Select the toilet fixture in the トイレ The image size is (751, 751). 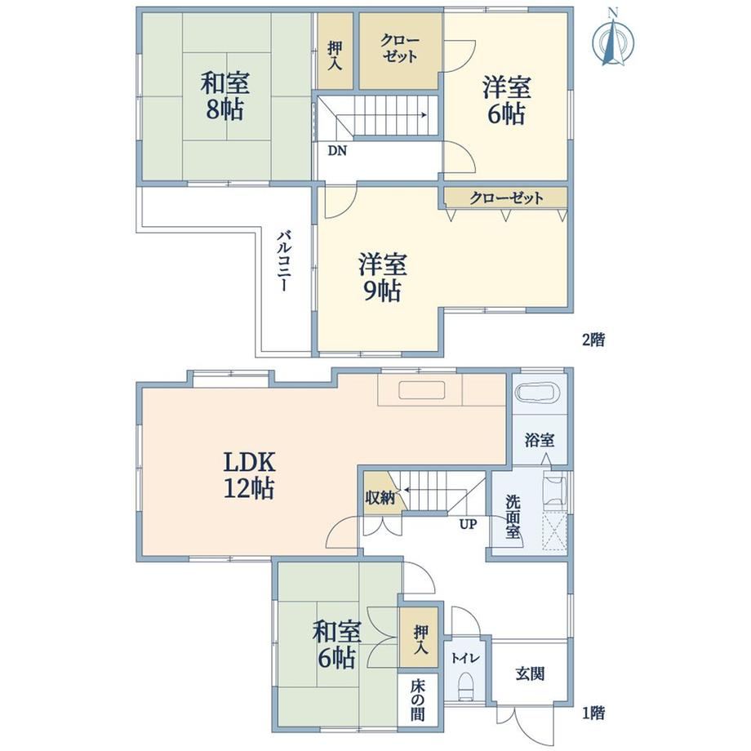465,686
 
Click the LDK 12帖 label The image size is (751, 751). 250,476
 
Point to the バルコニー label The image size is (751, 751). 283,261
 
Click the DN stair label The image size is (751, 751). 337,151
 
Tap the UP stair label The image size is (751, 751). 468,524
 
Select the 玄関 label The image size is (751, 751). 530,674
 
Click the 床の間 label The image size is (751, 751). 417,700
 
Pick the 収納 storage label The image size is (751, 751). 380,498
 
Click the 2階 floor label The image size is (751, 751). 593,340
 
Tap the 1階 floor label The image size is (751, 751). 593,713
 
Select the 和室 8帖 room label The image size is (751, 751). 225,96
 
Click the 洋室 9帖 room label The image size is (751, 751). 383,278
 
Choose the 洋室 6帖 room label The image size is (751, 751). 506,100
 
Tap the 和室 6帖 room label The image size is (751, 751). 336,644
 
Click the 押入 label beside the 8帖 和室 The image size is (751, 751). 335,56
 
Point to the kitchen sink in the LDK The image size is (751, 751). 422,390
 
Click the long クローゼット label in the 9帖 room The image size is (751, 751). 506,198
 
